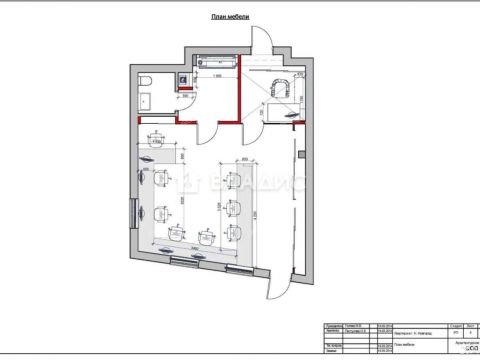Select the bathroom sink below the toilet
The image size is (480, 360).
coord(145,99)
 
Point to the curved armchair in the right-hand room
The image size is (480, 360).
coord(277,90)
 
